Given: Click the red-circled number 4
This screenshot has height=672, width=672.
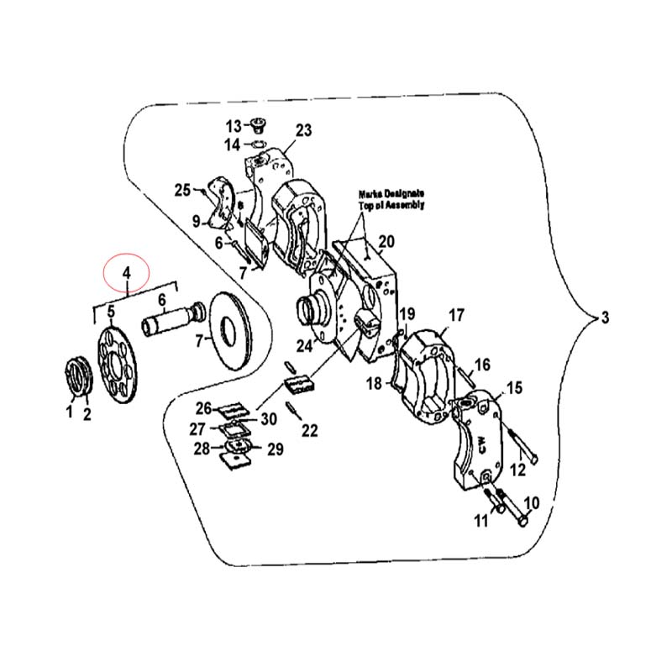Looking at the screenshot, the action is click(126, 272).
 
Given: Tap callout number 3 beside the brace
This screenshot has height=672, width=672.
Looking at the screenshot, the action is click(605, 318).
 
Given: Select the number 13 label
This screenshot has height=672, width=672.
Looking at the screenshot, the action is click(234, 127).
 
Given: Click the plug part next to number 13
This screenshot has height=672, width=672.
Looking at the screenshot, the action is click(258, 124).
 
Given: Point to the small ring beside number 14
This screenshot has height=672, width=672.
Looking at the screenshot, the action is click(256, 144).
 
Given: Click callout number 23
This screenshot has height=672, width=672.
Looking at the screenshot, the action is click(304, 130).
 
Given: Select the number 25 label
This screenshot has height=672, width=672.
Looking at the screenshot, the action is click(182, 190).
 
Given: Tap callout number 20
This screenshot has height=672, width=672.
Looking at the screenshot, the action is click(386, 242).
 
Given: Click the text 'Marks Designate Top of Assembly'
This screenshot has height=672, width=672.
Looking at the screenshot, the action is click(391, 200).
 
